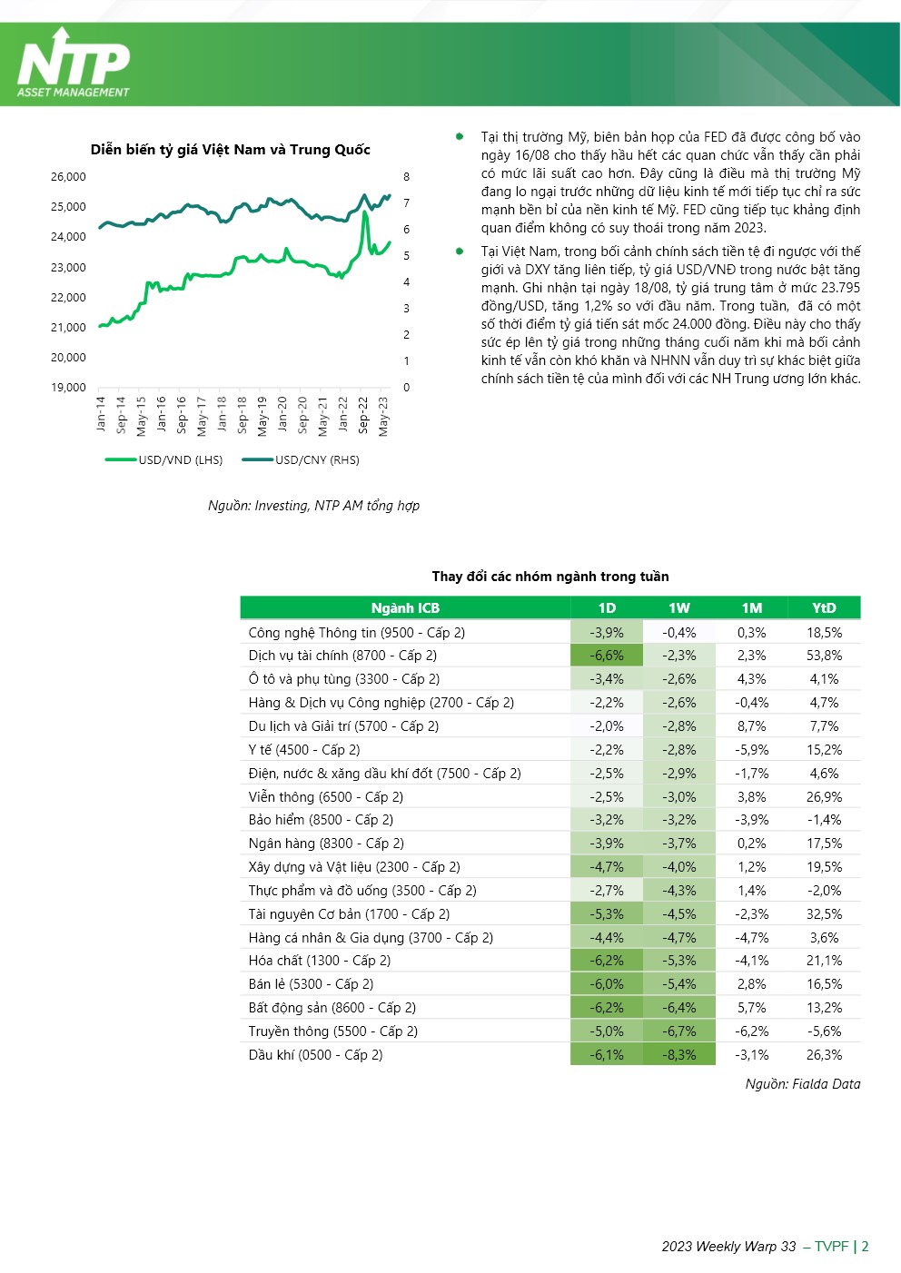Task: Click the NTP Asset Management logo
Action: [74, 64]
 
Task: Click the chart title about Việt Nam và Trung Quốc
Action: [230, 150]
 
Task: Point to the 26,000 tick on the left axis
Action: [68, 177]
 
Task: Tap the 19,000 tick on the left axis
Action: [68, 388]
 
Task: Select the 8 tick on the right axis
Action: [406, 177]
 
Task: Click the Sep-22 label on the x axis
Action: [364, 416]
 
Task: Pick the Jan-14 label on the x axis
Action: [101, 414]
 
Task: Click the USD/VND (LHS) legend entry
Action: [163, 460]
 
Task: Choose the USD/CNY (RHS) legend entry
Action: [301, 460]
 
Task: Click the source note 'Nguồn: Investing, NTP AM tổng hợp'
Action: [313, 506]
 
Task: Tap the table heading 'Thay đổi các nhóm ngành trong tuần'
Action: [550, 577]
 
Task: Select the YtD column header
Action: [825, 608]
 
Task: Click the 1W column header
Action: [679, 608]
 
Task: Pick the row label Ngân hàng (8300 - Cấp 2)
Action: [326, 844]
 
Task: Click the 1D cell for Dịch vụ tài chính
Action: [607, 656]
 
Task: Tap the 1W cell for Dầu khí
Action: [679, 1055]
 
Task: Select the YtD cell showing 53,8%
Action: [825, 656]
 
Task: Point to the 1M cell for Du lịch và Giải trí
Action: [751, 726]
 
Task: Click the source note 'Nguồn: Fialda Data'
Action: [803, 1084]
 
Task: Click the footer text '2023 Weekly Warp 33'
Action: [728, 1247]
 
